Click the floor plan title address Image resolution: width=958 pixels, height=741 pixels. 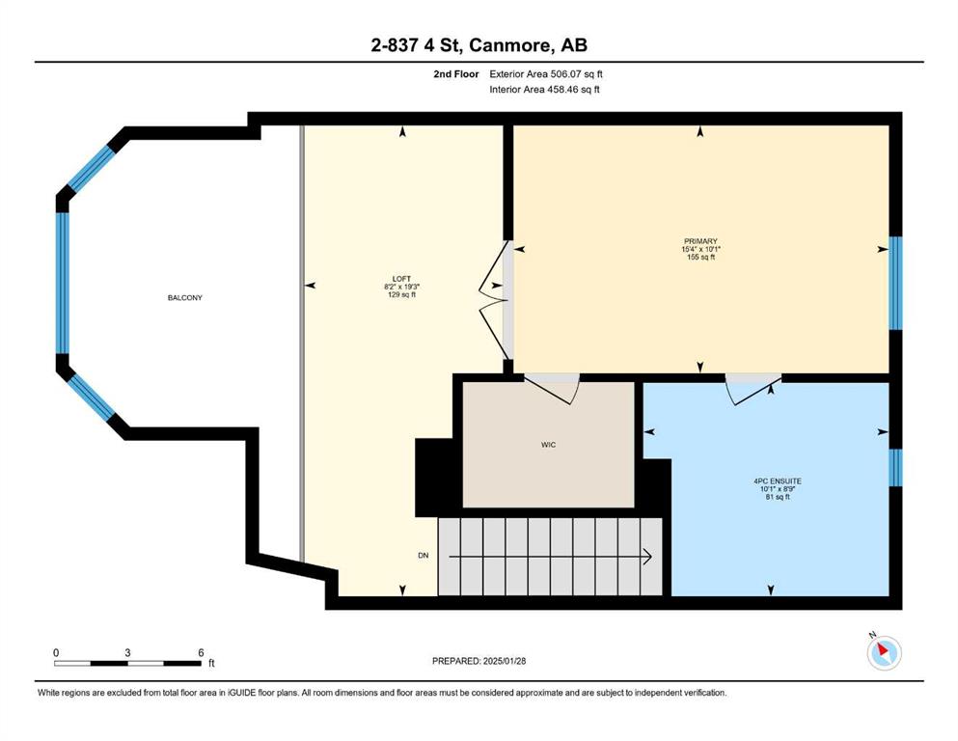point(479,44)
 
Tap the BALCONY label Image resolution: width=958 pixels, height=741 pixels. point(184,297)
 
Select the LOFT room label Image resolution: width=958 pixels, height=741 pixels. point(401,279)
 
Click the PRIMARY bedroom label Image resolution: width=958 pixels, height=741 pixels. point(700,241)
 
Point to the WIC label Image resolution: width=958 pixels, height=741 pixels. point(548,445)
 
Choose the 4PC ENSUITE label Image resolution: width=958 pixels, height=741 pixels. point(778,481)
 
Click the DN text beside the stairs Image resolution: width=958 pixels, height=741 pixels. point(423,556)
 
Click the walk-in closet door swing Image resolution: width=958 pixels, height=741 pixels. point(552,389)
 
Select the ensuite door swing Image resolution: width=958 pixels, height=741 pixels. point(753,390)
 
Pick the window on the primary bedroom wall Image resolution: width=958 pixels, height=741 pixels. point(895,283)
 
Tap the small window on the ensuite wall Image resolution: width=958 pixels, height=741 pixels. point(895,467)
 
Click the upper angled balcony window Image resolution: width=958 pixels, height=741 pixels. point(91,169)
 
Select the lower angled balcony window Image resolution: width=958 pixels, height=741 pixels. point(91,398)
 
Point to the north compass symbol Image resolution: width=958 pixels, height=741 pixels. point(884,652)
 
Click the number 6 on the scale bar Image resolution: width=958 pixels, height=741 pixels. point(201,653)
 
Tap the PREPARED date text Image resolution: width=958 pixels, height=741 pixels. point(479,661)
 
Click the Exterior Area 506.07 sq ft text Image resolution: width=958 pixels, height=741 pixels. point(546,74)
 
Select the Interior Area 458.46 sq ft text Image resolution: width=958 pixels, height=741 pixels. point(544,89)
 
